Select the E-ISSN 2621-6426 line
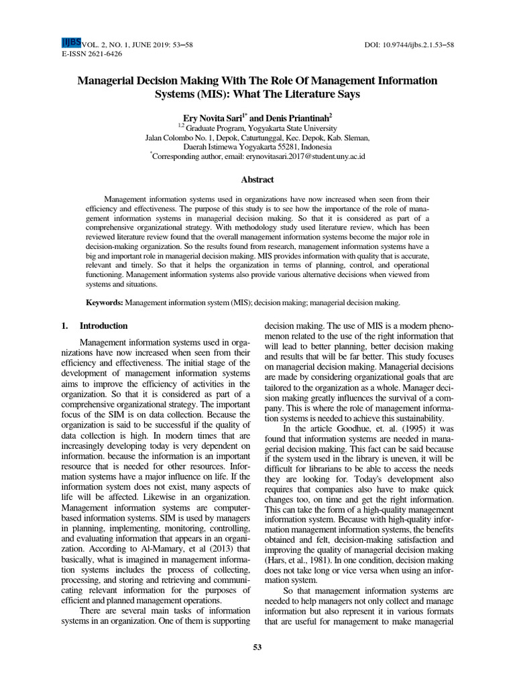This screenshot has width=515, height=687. pyautogui.click(x=92, y=54)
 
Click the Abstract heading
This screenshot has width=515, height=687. pyautogui.click(x=257, y=180)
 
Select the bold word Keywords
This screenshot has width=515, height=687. pyautogui.click(x=104, y=303)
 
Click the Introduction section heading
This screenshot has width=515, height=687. pyautogui.click(x=103, y=326)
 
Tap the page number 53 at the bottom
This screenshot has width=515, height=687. pyautogui.click(x=257, y=647)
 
